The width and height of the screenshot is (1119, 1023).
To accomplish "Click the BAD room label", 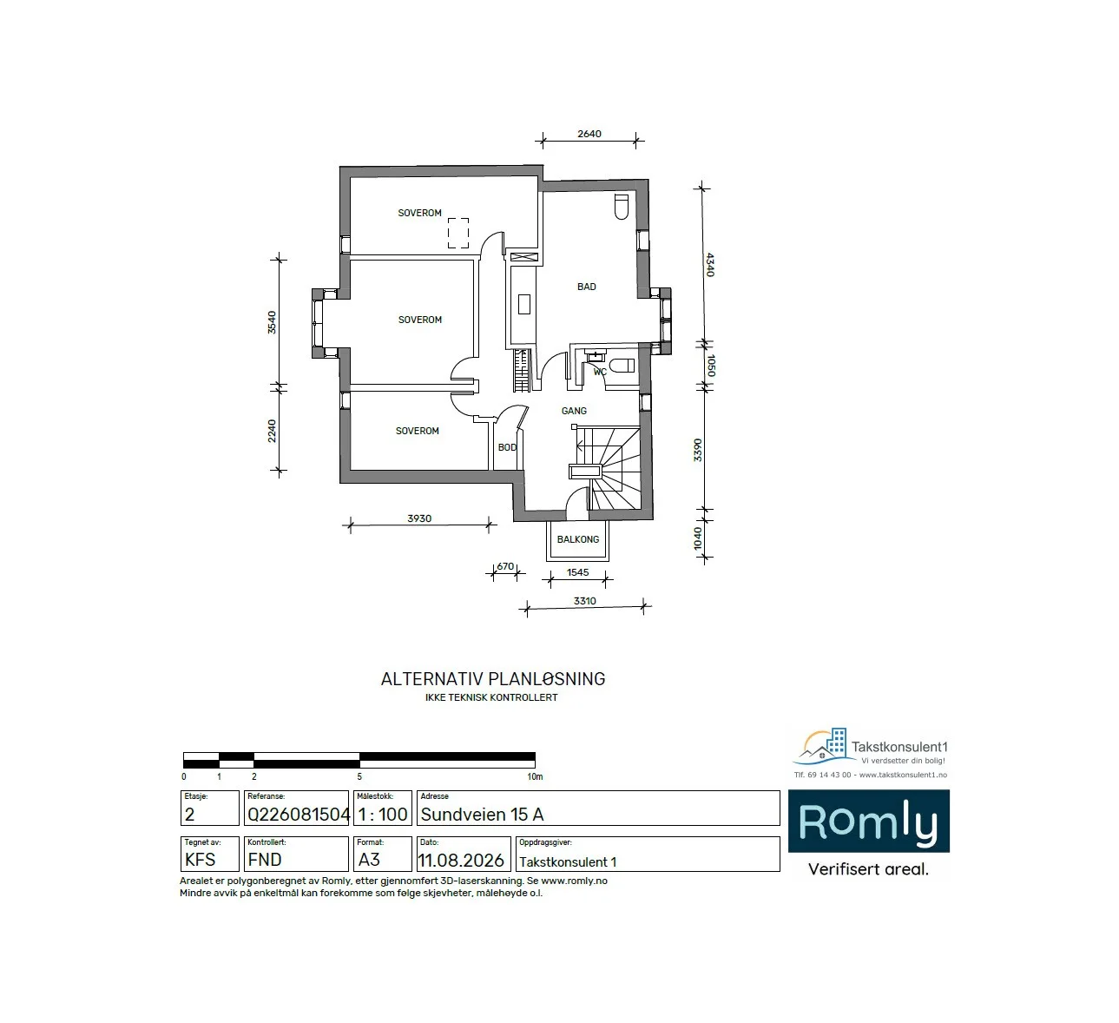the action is click(586, 287).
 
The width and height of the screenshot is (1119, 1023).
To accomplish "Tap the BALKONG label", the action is click(578, 539).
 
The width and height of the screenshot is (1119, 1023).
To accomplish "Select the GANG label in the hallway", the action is click(574, 412).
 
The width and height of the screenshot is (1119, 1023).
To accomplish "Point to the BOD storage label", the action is click(507, 447).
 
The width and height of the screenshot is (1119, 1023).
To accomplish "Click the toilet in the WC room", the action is click(622, 366).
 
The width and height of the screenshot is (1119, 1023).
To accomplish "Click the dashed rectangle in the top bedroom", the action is click(458, 233).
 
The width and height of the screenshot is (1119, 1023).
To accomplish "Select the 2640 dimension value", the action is click(589, 134).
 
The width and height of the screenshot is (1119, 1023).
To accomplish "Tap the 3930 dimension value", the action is click(419, 518).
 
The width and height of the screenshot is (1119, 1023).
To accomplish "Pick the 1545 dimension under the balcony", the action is click(577, 572).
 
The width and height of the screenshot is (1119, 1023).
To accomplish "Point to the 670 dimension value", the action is click(505, 566).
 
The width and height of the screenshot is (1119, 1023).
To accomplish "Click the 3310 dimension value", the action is click(584, 601).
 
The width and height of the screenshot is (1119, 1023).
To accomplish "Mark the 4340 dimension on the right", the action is click(709, 265).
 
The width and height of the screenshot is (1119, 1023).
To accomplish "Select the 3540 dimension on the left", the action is click(272, 322).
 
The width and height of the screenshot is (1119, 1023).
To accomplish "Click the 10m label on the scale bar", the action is click(535, 777).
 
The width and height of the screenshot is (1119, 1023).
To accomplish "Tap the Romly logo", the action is click(868, 821).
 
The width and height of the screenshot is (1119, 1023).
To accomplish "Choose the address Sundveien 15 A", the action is click(482, 815).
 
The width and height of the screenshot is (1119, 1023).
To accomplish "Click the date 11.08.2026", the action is click(461, 860).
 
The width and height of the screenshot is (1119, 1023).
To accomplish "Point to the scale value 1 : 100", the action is click(383, 815).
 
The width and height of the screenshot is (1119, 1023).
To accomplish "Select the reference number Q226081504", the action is click(299, 815).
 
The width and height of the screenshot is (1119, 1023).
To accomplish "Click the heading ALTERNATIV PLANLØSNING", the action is click(493, 678).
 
